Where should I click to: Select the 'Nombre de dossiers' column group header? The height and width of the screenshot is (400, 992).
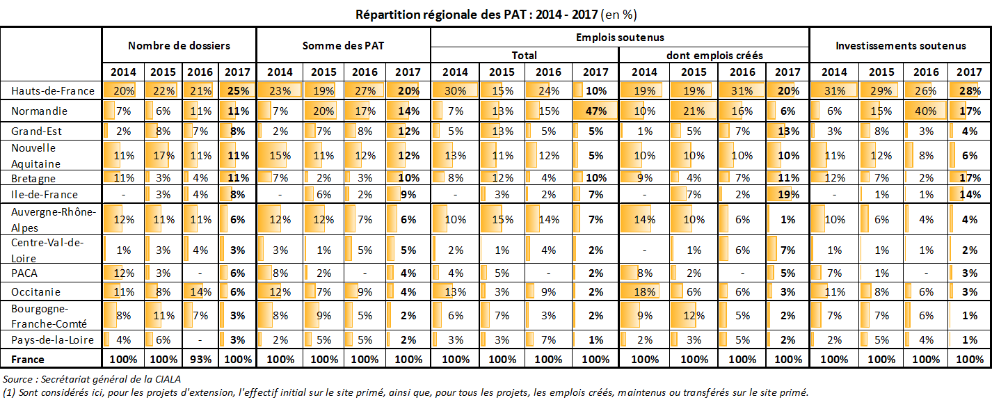pyautogui.click(x=179, y=45)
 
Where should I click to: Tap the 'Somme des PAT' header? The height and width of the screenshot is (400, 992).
pyautogui.click(x=343, y=45)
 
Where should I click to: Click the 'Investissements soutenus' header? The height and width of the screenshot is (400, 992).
pyautogui.click(x=900, y=45)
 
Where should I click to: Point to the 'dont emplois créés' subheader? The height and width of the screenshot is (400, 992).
pyautogui.click(x=714, y=55)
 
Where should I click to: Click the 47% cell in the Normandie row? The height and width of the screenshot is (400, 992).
pyautogui.click(x=596, y=111)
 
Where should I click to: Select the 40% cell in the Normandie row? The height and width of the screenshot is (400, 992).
pyautogui.click(x=925, y=111)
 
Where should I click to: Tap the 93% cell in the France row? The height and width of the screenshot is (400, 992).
pyautogui.click(x=200, y=359)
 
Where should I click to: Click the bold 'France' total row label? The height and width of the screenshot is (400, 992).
pyautogui.click(x=28, y=359)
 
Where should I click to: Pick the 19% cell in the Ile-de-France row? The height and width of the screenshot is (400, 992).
pyautogui.click(x=787, y=195)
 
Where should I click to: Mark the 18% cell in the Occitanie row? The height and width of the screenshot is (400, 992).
pyautogui.click(x=644, y=292)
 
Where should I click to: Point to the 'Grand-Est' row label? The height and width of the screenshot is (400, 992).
pyautogui.click(x=31, y=130)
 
